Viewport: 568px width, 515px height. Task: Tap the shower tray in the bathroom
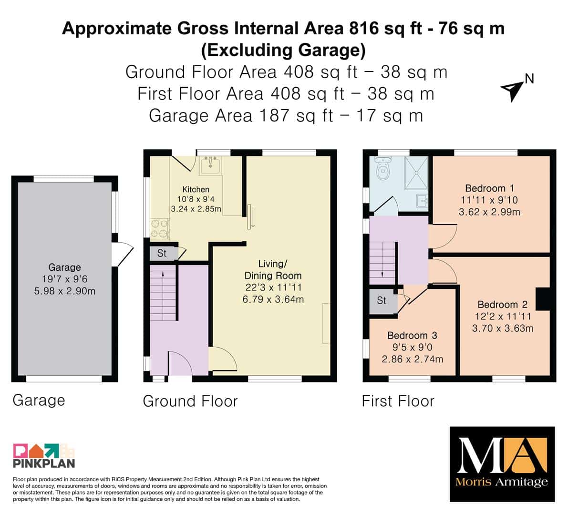[x=416, y=173]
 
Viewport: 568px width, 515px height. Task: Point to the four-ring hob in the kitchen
[x=159, y=228]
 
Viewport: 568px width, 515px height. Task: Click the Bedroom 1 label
[x=489, y=188]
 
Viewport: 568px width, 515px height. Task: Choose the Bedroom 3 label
[x=412, y=335]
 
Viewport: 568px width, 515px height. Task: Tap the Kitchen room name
[x=196, y=189]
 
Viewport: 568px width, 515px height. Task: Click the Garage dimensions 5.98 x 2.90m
[x=65, y=291]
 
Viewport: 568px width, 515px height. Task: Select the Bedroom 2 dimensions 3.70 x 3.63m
[x=503, y=328]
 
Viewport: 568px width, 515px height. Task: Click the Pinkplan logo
[x=44, y=455]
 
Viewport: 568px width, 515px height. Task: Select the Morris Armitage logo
[x=502, y=464]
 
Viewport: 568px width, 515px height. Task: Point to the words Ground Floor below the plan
[x=190, y=402]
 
